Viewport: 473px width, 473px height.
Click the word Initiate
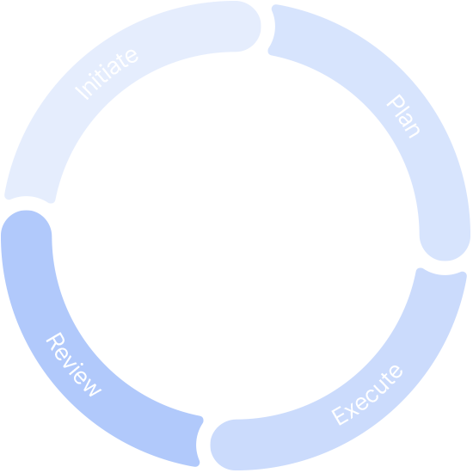[x=107, y=74]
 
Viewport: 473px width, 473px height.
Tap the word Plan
[x=403, y=116]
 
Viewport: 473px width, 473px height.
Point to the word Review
[x=74, y=365]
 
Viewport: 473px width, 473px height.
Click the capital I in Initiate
[x=82, y=93]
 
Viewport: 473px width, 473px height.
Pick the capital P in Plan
[x=396, y=101]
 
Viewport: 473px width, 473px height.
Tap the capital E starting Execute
[x=340, y=415]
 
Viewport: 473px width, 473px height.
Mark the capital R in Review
[x=55, y=341]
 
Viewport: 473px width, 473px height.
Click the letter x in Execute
[x=352, y=411]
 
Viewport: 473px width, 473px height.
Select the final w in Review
[x=93, y=388]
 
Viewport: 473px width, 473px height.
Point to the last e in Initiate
[x=132, y=56]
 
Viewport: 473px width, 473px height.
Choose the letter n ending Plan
[x=413, y=131]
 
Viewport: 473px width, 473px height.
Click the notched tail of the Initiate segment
[x=29, y=199]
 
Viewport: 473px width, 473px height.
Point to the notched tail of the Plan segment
[x=273, y=29]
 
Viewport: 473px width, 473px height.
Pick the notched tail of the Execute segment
[x=442, y=273]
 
